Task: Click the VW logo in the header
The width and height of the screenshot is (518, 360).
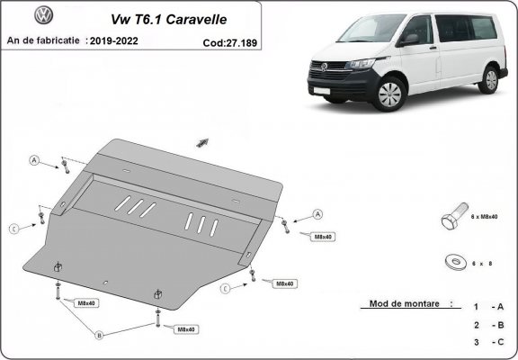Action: (43, 15)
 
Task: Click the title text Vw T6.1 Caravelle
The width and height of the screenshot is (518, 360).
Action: (168, 17)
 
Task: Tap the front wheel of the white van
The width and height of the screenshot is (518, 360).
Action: (389, 94)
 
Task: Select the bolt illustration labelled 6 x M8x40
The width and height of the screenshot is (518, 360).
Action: (452, 220)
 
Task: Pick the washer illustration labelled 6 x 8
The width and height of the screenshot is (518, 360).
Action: (451, 261)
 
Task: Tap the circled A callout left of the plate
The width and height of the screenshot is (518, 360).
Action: (35, 161)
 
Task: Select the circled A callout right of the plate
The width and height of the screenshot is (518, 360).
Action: (317, 214)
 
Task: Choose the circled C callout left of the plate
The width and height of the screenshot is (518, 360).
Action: (13, 228)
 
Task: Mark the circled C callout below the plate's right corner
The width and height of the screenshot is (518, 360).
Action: (225, 287)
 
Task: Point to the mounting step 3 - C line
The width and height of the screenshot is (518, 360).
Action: (487, 341)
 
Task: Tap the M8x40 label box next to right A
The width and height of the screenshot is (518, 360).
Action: (321, 236)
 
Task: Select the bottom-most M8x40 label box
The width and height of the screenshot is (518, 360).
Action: (186, 330)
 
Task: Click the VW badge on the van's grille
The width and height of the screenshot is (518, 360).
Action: (320, 67)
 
